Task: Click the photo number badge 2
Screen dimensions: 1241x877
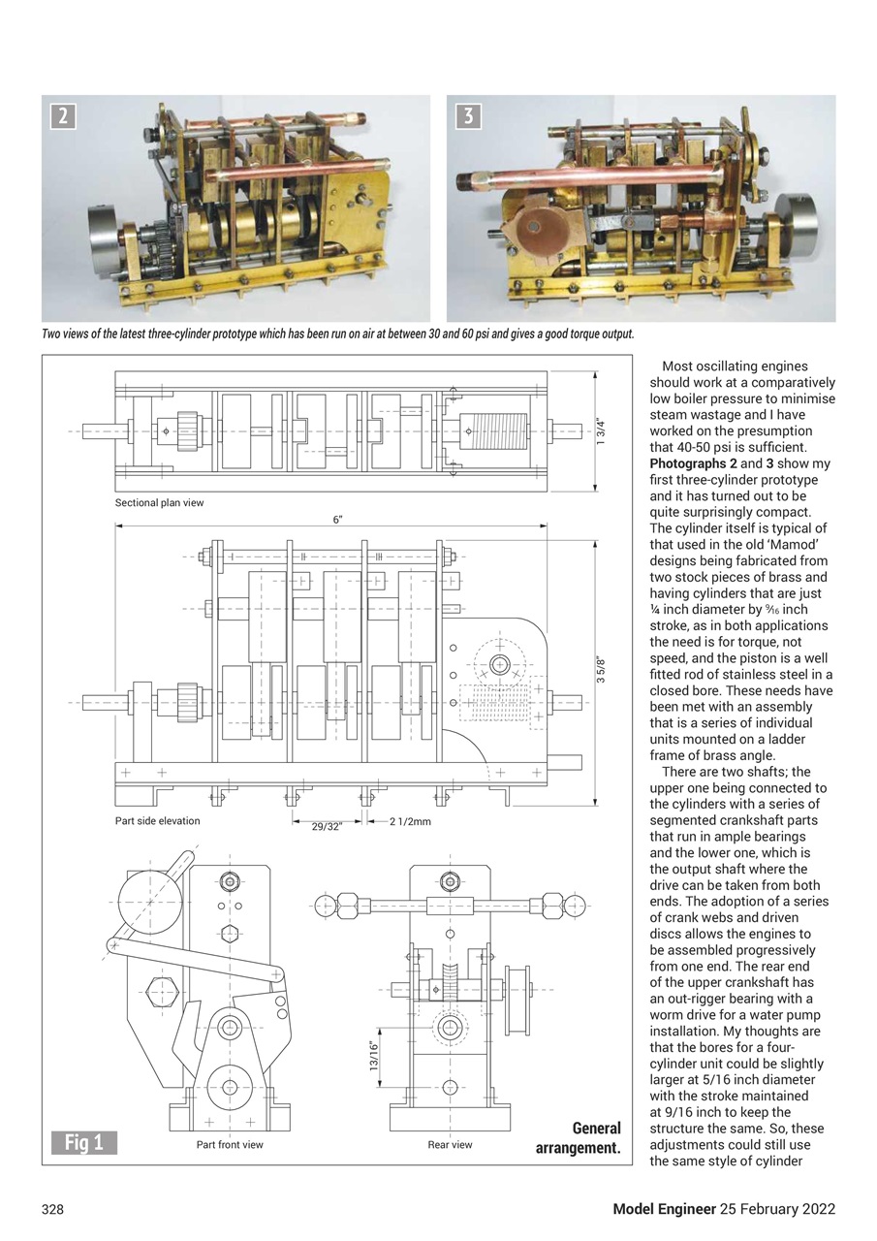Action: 63,116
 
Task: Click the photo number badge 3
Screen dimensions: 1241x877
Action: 468,116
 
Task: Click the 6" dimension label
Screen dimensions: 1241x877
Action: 337,520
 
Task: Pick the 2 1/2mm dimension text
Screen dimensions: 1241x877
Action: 410,822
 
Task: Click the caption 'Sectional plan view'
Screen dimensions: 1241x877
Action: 159,503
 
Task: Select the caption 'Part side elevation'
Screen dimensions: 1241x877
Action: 157,821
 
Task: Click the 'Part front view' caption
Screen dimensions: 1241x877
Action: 230,1145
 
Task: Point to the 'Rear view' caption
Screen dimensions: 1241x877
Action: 450,1145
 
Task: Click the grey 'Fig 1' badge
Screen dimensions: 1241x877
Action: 84,1142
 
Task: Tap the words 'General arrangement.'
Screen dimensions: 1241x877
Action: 579,1138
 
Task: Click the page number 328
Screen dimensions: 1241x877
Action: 52,1209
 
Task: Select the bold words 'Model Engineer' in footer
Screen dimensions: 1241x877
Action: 663,1209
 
